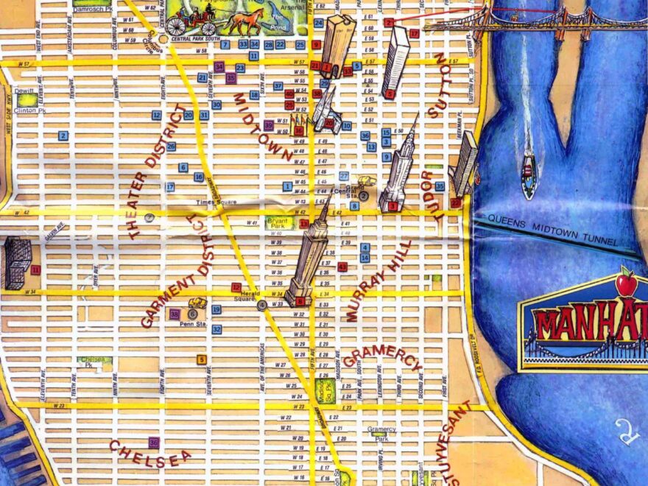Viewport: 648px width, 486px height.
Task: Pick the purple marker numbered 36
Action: [153, 443]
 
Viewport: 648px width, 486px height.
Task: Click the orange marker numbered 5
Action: [201, 359]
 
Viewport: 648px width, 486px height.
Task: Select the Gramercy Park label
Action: [382, 433]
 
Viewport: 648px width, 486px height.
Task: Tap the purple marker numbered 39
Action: [269, 125]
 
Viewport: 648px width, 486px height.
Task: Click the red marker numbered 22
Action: [456, 202]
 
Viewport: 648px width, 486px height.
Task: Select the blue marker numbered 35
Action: [440, 186]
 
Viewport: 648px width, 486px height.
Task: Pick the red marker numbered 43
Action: [342, 267]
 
